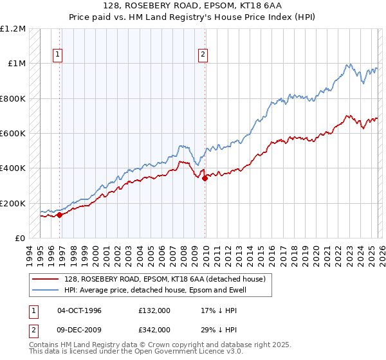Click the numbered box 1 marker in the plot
58,55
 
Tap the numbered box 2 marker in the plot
203,55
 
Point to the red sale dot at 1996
60,215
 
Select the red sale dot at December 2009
205,179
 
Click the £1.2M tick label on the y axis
13,29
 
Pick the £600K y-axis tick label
13,134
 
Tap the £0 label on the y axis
19,239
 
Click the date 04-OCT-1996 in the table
79,310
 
